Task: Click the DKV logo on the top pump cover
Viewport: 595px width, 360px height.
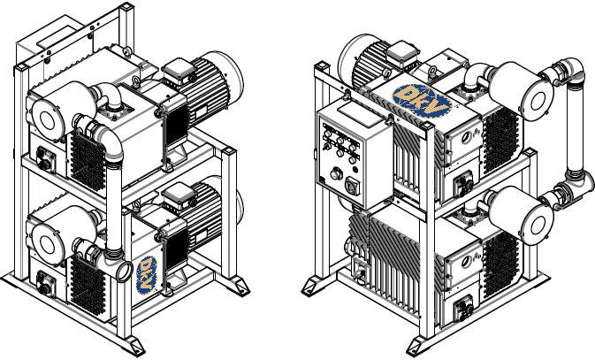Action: (422, 101)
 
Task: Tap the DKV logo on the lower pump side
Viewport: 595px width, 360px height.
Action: (147, 275)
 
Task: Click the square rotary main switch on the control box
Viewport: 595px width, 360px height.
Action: (351, 186)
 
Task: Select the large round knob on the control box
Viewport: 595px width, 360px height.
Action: (335, 173)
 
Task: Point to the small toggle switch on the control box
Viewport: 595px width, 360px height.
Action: (325, 146)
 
